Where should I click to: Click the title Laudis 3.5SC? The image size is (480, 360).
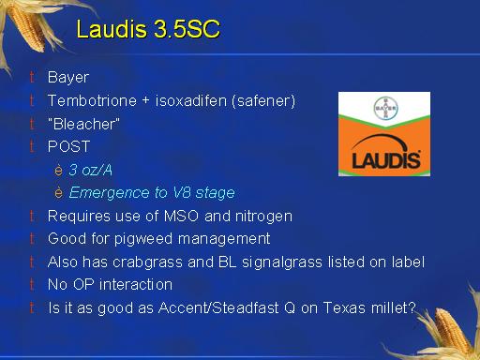click(148, 29)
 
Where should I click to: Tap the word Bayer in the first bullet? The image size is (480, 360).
click(68, 78)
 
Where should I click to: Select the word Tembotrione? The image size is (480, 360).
click(92, 101)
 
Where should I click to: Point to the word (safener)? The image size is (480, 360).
click(263, 101)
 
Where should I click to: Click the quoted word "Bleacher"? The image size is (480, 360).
click(83, 124)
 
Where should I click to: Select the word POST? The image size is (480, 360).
click(69, 146)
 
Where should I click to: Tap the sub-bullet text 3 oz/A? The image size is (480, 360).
click(90, 170)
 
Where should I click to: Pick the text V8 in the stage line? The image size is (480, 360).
click(182, 192)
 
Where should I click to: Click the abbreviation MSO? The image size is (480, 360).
click(181, 217)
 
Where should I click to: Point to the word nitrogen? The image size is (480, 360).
click(263, 217)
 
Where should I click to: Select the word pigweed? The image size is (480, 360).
click(143, 239)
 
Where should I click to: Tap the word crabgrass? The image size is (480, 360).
click(147, 262)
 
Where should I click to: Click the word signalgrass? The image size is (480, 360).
click(282, 262)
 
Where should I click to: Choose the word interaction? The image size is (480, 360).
click(136, 285)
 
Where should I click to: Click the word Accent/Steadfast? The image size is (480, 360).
click(218, 307)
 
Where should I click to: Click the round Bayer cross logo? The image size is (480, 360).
click(385, 108)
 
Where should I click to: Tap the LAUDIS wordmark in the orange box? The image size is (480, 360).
click(386, 160)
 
